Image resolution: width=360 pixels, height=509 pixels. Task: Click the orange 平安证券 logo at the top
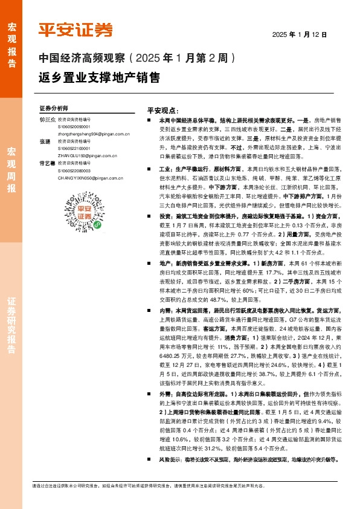(x=76, y=30)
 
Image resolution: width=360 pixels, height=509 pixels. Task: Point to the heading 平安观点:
(x=162, y=112)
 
